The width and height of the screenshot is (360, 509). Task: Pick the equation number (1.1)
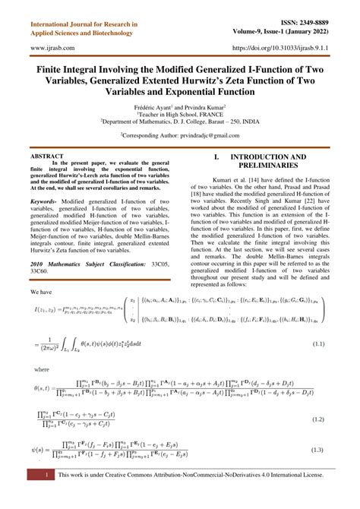pyautogui.click(x=317, y=344)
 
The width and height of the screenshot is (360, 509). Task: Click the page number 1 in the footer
pyautogui.click(x=47, y=496)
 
